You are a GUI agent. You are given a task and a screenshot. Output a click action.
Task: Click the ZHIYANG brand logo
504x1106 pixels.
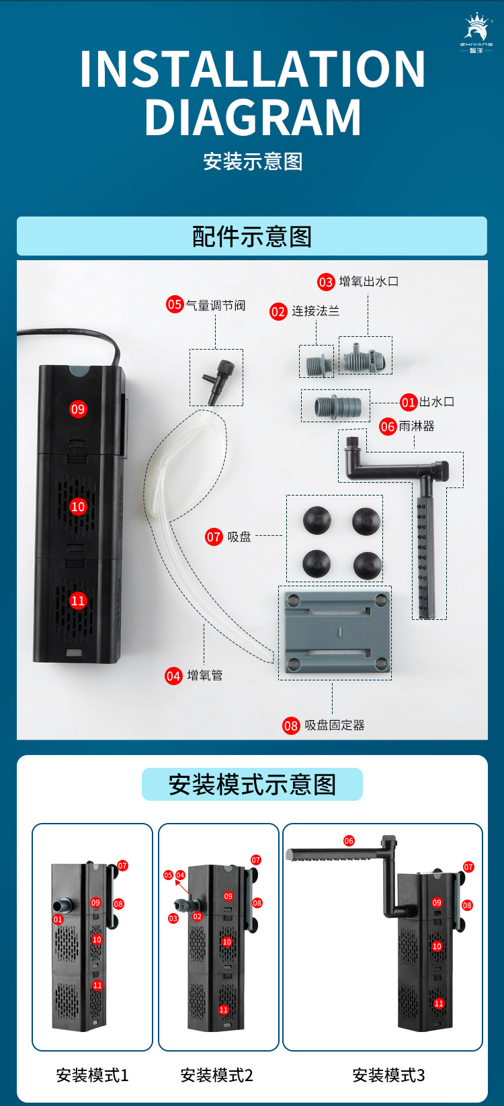(476, 33)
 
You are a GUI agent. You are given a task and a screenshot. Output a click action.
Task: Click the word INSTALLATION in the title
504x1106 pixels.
(252, 69)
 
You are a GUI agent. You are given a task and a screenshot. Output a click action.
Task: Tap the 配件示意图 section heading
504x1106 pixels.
(252, 237)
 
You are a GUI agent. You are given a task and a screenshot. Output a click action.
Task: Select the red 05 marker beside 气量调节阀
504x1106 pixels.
(175, 305)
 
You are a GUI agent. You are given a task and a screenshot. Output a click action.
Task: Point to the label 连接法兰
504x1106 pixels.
(315, 311)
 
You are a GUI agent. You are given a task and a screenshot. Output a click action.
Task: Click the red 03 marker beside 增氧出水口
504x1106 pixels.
(326, 282)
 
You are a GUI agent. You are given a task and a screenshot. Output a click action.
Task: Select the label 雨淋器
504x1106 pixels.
(417, 426)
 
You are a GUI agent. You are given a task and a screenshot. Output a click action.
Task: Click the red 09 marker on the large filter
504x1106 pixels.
(78, 409)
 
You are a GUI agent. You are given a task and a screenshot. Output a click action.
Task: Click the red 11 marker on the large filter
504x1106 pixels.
(78, 600)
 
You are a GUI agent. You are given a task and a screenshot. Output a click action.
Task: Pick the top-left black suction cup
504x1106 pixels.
(317, 520)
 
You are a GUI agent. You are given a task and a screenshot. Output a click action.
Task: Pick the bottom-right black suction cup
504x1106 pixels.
(368, 565)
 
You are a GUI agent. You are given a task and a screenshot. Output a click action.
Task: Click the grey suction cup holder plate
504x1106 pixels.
(335, 632)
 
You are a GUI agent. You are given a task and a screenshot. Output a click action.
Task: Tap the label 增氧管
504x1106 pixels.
(205, 676)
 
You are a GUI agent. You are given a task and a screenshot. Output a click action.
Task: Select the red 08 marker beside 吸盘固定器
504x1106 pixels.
(290, 725)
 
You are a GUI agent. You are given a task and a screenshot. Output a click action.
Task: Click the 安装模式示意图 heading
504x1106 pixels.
(252, 785)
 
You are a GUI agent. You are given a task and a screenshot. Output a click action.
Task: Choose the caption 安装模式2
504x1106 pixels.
(216, 1076)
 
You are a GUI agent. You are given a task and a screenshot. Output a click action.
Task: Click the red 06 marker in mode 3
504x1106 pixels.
(349, 840)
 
